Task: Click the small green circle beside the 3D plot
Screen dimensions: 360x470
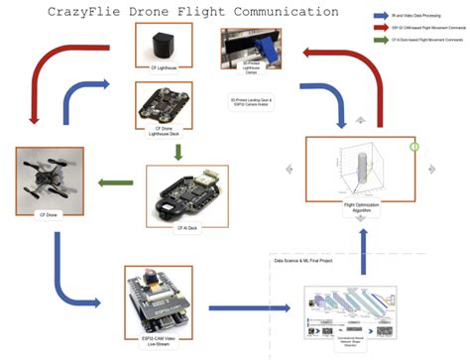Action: click(x=413, y=147)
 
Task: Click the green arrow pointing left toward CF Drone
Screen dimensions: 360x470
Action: click(x=115, y=181)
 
